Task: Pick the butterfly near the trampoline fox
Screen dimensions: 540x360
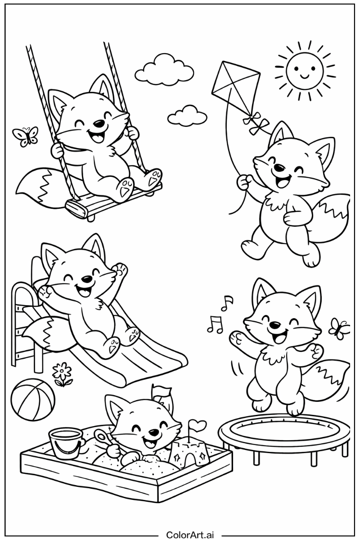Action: pos(339,328)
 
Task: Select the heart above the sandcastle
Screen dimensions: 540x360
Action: pos(196,424)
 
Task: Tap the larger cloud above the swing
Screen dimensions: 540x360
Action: pos(164,70)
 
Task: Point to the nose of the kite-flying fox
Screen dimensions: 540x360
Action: pos(279,168)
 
